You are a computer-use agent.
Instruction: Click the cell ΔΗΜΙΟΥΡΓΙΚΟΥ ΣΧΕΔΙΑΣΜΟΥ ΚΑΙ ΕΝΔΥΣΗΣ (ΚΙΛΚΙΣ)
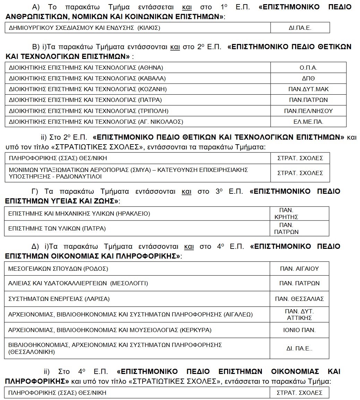85,28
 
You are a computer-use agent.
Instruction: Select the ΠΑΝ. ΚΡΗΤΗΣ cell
286,214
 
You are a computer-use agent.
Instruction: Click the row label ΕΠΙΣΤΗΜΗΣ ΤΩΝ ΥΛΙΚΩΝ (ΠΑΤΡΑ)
57,228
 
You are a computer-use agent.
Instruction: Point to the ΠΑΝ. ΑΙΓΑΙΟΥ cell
299,269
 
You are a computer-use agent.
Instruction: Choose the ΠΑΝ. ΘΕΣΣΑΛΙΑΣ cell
299,299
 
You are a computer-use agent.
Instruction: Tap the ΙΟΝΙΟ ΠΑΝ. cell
299,330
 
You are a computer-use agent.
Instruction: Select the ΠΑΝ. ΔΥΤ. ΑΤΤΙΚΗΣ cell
299,314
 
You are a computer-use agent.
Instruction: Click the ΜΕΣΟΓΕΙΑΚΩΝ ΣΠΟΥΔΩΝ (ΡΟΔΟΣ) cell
58,269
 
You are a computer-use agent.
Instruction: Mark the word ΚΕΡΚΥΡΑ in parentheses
196,330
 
